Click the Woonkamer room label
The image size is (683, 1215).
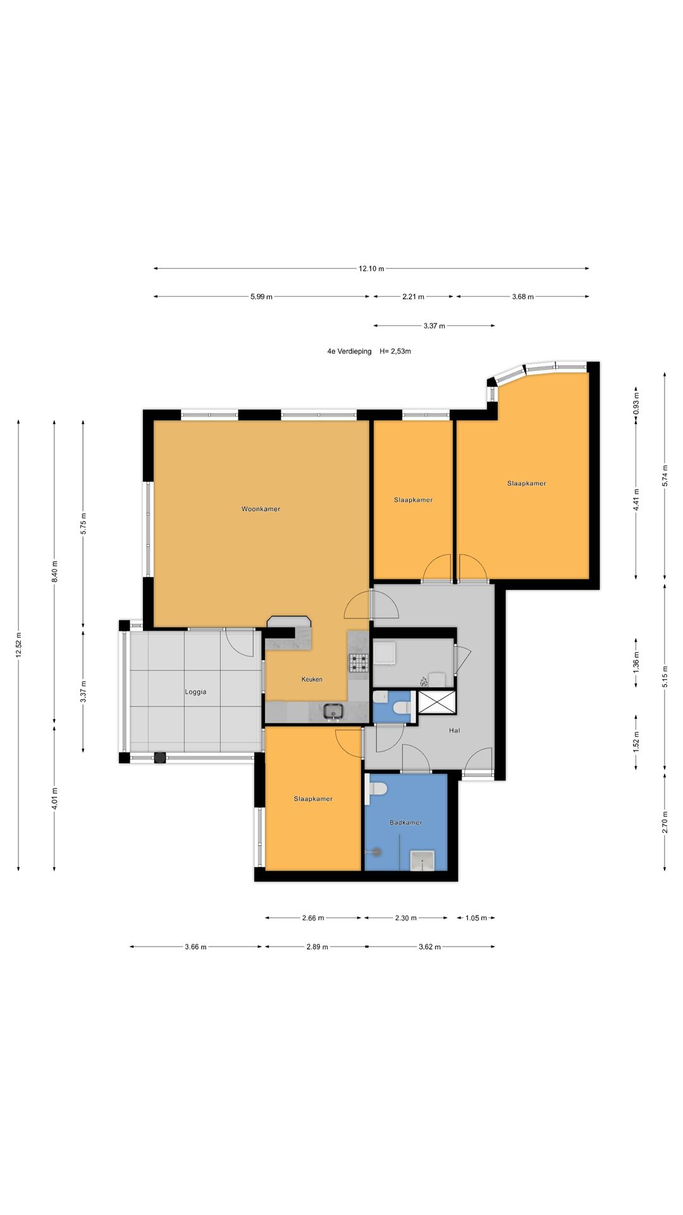[261, 509]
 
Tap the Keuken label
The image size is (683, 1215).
[312, 679]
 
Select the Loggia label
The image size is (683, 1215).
[195, 692]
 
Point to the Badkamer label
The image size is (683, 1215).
[406, 823]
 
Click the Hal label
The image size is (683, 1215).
[454, 730]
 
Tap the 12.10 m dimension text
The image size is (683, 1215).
[371, 268]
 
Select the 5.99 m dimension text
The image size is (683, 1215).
[261, 297]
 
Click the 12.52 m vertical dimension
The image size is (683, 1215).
[18, 645]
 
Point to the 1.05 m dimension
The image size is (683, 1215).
[476, 918]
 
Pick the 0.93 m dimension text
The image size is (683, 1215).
[636, 403]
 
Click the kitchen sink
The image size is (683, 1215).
[333, 712]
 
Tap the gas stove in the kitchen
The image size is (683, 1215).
[359, 663]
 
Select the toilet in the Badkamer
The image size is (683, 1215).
[377, 789]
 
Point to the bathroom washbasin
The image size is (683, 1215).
[422, 861]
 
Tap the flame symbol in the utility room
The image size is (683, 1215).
[424, 682]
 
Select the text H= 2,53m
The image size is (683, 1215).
[395, 351]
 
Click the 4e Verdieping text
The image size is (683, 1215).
[349, 351]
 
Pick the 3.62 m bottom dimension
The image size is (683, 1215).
[429, 947]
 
